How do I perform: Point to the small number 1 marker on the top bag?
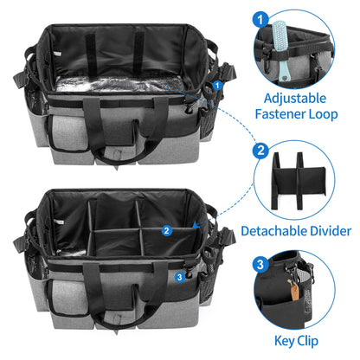[x=217, y=85]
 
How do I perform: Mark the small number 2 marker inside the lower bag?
[x=165, y=230]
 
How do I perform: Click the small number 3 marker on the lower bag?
[x=178, y=277]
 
